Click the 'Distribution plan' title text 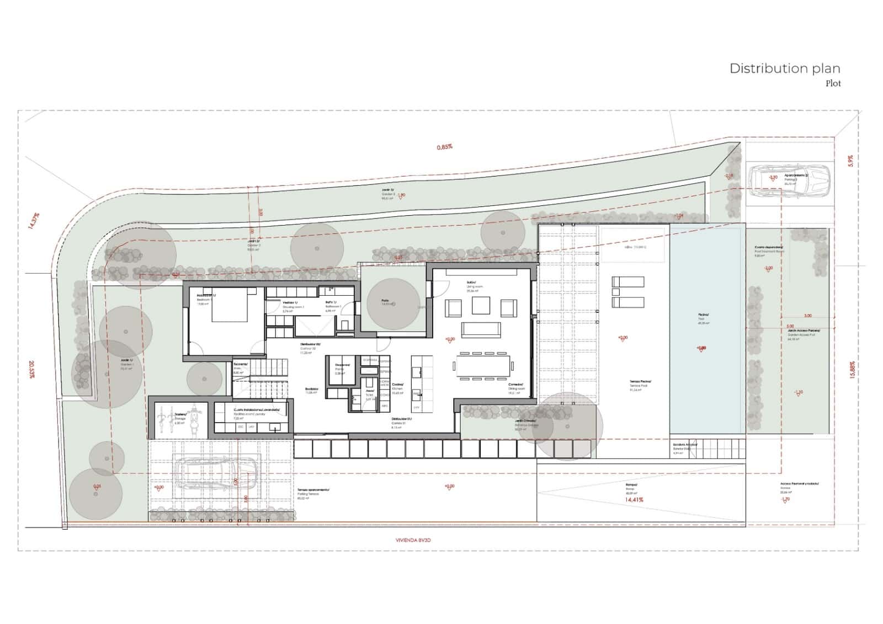pos(784,68)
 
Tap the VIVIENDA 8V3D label pos(413,540)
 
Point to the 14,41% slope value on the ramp pos(634,500)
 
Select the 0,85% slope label pos(445,147)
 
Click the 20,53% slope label pos(31,369)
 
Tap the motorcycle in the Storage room pos(193,418)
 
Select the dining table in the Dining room pos(483,366)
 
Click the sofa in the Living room pos(481,330)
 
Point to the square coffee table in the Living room pos(481,305)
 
